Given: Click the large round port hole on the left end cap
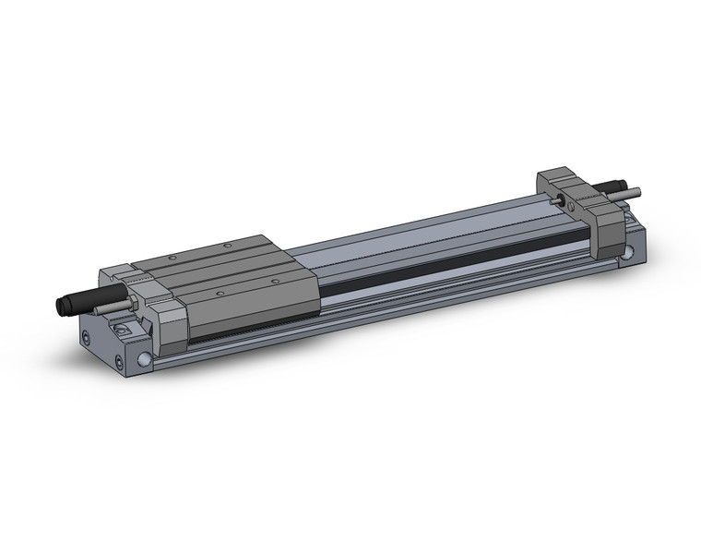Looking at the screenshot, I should pos(145,357).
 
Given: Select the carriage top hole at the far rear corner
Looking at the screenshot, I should pos(229,245).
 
